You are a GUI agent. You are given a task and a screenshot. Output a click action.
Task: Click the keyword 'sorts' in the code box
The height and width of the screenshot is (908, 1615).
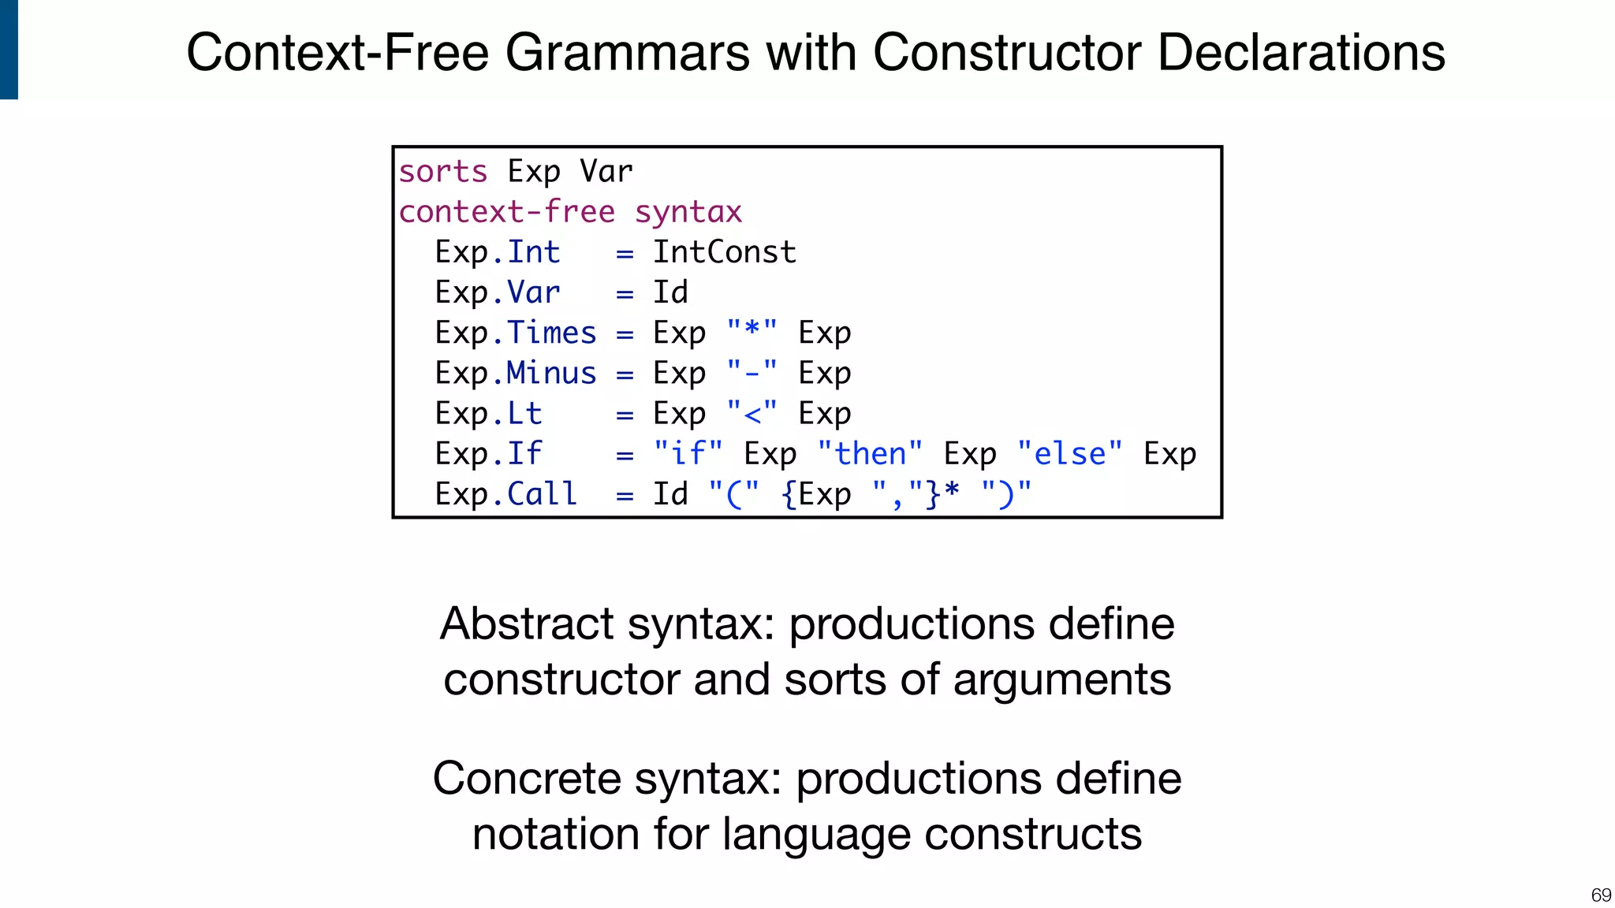[442, 172]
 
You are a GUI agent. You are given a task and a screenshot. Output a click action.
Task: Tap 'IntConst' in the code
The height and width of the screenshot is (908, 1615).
[724, 253]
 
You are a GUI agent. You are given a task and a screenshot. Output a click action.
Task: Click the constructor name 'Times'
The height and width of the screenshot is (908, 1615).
[550, 333]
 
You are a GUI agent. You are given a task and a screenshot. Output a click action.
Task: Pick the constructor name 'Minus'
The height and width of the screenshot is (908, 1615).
[550, 374]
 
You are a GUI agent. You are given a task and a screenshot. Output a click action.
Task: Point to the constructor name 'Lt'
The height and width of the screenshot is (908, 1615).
[524, 414]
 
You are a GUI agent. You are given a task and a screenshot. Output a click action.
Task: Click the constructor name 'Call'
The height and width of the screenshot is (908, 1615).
[542, 495]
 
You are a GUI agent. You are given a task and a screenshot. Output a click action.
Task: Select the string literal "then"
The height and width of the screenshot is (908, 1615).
[869, 455]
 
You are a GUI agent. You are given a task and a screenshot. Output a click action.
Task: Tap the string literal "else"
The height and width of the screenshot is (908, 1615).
[1069, 455]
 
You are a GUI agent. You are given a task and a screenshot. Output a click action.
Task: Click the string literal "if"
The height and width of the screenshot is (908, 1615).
[688, 455]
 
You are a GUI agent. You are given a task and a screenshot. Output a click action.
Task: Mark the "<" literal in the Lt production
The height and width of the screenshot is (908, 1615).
[752, 413]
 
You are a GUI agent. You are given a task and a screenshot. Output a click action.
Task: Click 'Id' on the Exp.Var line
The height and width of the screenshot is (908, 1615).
[670, 293]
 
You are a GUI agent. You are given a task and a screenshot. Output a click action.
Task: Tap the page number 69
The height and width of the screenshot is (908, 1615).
[1600, 895]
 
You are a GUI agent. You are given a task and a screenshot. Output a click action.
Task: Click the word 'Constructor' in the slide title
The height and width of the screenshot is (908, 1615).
[1007, 53]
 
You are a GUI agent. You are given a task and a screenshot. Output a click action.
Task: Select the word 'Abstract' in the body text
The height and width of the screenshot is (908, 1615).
[527, 623]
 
